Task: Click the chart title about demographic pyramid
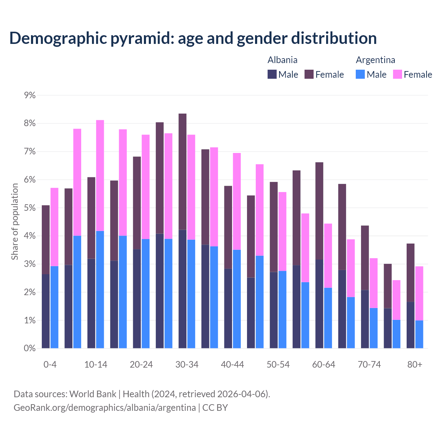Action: [193, 38]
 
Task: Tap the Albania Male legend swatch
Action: [272, 74]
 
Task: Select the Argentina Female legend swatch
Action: [398, 74]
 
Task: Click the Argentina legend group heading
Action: [375, 60]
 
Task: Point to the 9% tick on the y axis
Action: [30, 95]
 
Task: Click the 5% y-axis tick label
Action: [30, 208]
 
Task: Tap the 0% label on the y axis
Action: [30, 348]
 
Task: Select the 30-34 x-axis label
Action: [187, 364]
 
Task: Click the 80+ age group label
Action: [415, 364]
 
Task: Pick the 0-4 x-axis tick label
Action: [50, 364]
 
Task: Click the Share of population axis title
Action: [15, 222]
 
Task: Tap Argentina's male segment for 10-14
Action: [100, 289]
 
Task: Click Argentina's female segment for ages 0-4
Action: [54, 227]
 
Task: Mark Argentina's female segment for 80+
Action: [419, 293]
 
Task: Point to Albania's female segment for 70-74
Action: [365, 257]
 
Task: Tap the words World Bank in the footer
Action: [93, 394]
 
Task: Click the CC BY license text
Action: [215, 408]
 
